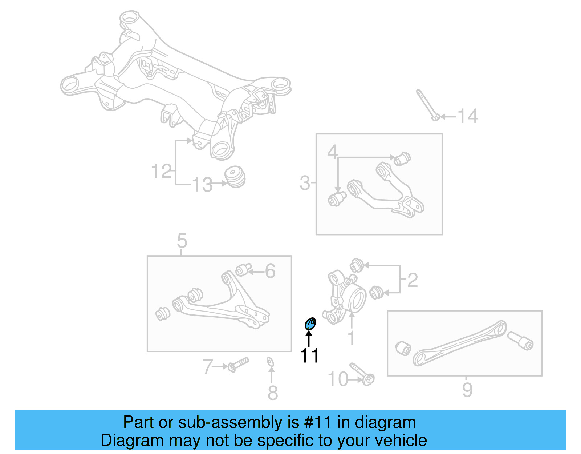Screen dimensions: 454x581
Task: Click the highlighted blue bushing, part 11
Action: point(310,323)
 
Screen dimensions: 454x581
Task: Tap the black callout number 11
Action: point(309,355)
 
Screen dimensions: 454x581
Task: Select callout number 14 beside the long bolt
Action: point(468,116)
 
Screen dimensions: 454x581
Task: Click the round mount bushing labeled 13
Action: point(235,177)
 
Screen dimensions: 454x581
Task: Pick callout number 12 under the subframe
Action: point(161,171)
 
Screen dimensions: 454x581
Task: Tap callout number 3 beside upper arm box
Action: point(305,183)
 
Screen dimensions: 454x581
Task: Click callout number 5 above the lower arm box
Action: point(182,241)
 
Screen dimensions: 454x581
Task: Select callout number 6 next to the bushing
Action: point(270,271)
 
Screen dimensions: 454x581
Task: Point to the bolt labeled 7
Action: point(238,364)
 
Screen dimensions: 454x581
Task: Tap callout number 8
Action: point(273,393)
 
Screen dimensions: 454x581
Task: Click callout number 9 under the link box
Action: point(467,390)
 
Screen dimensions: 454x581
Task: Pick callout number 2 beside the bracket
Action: point(413,280)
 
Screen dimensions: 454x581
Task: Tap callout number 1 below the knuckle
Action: point(351,338)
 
